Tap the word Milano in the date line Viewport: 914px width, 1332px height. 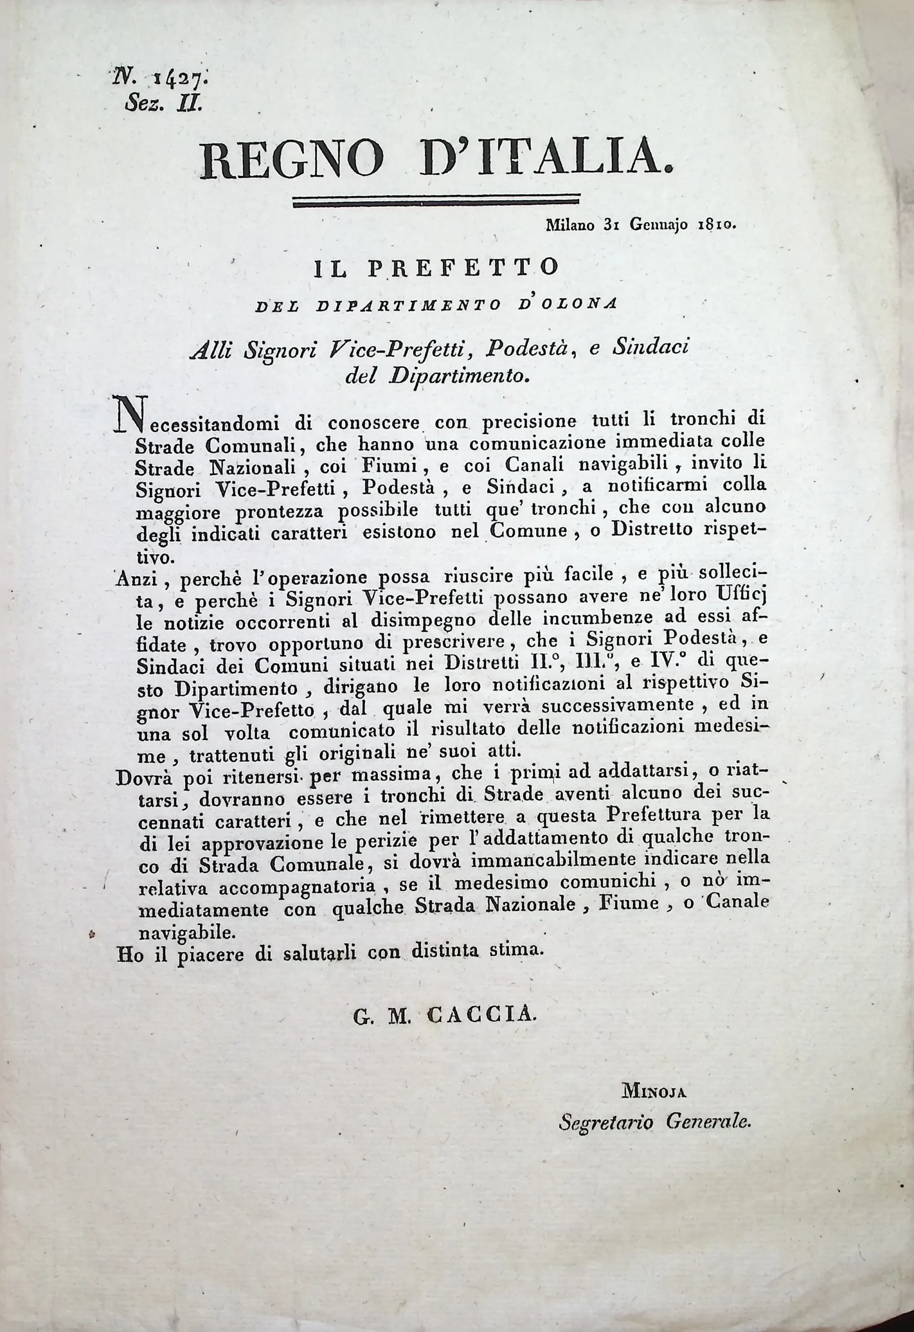coord(570,226)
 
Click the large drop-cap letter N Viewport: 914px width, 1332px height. coord(131,415)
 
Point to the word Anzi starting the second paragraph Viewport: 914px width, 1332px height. coord(137,581)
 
